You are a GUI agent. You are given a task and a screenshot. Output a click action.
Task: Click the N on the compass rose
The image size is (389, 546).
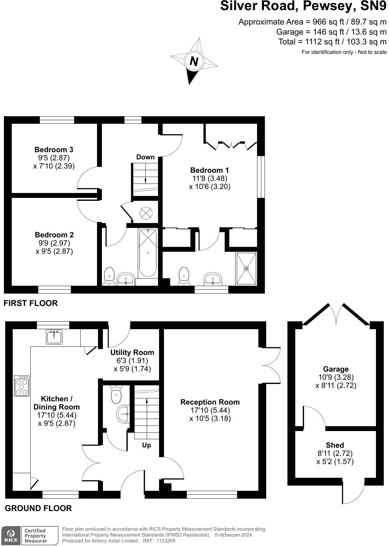tap(194, 61)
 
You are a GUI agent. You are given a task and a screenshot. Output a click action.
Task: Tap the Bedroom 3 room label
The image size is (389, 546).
tap(54, 150)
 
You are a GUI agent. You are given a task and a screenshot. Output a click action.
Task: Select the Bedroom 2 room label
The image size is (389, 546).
tap(54, 235)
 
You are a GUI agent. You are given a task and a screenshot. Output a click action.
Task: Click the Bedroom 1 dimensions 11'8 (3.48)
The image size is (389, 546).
tap(210, 178)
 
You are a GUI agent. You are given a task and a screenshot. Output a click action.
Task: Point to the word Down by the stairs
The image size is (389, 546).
tap(146, 157)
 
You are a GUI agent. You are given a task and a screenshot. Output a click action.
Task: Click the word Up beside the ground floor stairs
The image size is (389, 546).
tap(146, 445)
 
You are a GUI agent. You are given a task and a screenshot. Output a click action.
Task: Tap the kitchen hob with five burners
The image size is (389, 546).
tap(22, 386)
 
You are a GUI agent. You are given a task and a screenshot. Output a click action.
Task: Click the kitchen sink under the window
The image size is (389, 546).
tap(54, 337)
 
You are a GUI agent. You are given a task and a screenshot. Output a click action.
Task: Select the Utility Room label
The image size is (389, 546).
tap(132, 352)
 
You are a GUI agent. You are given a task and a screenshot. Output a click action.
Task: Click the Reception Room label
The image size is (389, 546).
tap(210, 402)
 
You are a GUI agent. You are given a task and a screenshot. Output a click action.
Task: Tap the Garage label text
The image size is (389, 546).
tap(336, 369)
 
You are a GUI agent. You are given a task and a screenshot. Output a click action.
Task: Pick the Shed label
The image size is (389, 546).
tap(335, 445)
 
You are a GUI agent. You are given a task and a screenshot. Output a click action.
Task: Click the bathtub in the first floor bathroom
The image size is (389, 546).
tap(148, 252)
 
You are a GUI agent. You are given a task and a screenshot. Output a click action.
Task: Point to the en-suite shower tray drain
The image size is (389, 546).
tap(246, 269)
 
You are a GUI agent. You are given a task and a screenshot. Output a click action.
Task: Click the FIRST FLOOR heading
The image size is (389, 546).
tap(31, 303)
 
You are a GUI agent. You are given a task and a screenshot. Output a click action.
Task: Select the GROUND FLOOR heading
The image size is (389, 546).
tap(38, 508)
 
